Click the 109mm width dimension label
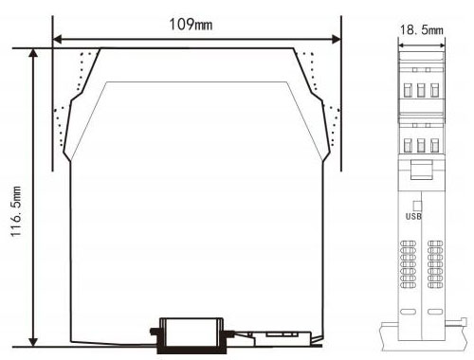pyautogui.click(x=191, y=25)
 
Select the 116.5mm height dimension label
pyautogui.click(x=16, y=211)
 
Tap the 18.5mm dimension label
pyautogui.click(x=422, y=30)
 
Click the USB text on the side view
pyautogui.click(x=413, y=216)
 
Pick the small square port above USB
pyautogui.click(x=417, y=206)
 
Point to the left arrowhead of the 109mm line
pyautogui.click(x=57, y=40)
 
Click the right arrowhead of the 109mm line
pyautogui.click(x=336, y=40)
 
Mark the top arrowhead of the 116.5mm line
pyautogui.click(x=33, y=53)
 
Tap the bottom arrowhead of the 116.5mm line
pyautogui.click(x=33, y=342)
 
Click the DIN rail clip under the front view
pyautogui.click(x=191, y=335)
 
